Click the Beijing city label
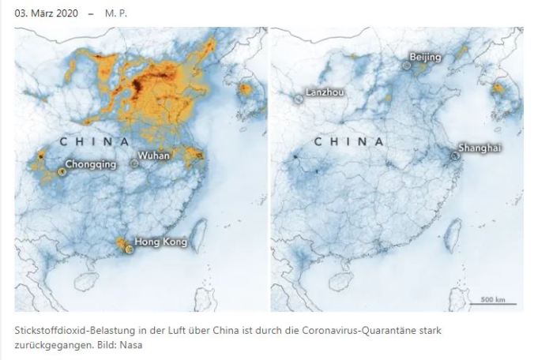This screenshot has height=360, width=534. coord(426,57)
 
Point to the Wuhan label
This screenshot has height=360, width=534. coord(153,156)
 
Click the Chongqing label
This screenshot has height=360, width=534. coord(90,164)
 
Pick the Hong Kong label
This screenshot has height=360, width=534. coord(160,242)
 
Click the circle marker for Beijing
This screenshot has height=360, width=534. coord(406,66)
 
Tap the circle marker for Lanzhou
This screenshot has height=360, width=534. coord(299,99)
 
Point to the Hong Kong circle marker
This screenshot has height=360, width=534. coord(130,249)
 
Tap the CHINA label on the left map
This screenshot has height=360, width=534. coord(93,141)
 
